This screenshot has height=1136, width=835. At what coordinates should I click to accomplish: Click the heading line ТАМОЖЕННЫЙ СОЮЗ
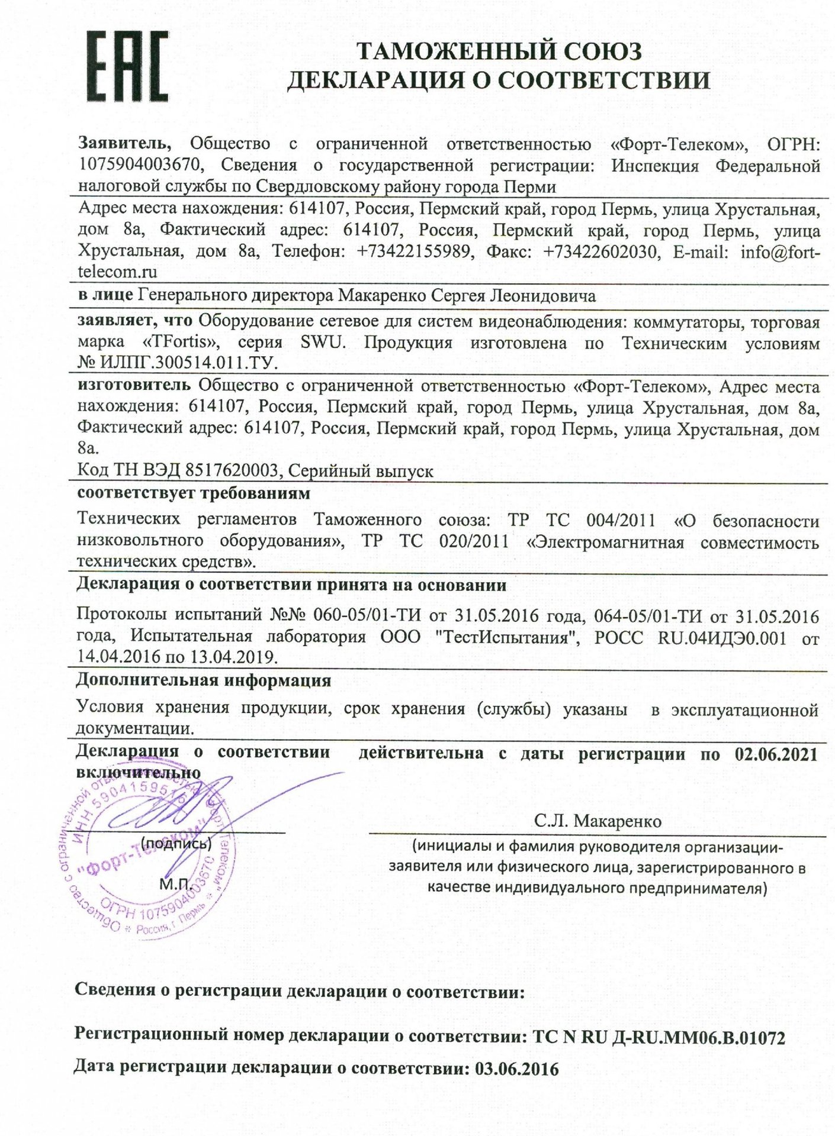pos(498,52)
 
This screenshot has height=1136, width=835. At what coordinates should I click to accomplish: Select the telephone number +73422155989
pos(415,251)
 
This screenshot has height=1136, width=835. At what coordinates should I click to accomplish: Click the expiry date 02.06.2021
pos(776,754)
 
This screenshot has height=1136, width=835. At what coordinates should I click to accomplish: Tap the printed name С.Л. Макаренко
pos(598,821)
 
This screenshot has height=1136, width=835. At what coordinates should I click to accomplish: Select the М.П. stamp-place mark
pos(174,884)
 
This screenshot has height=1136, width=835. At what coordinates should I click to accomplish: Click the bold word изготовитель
pos(134,386)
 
